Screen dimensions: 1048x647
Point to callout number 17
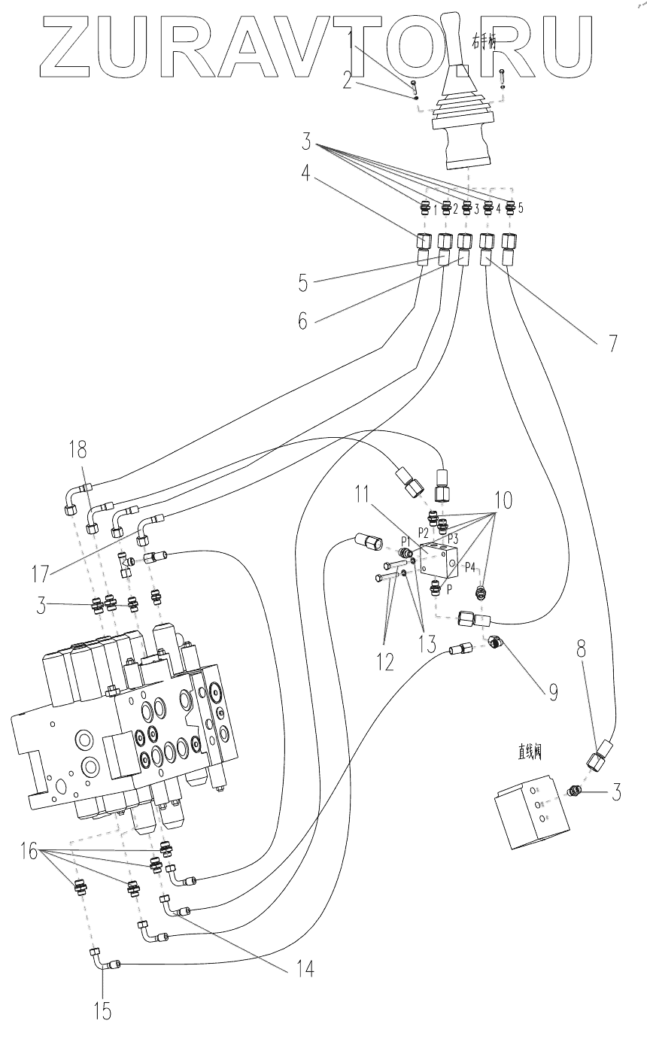[x=40, y=574]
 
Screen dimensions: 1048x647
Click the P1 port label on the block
[x=405, y=541]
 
